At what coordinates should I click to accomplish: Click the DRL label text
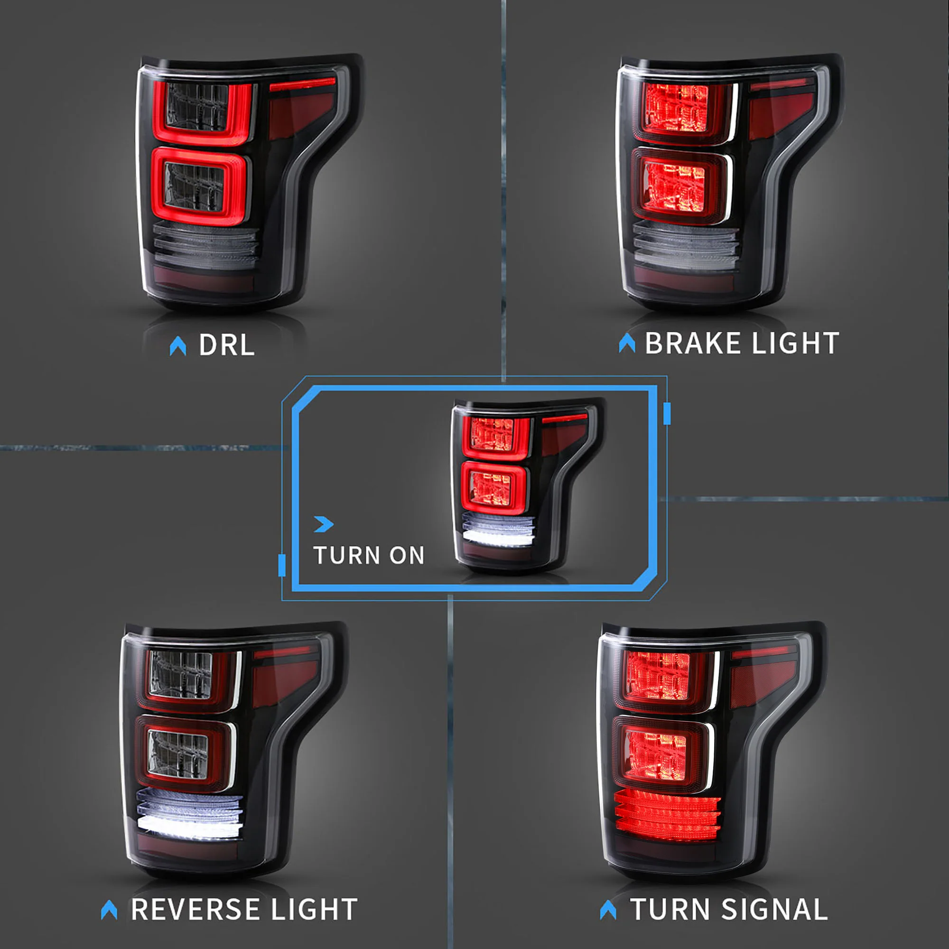pos(226,345)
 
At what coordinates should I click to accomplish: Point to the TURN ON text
pos(369,556)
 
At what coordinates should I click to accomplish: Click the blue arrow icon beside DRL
pos(178,346)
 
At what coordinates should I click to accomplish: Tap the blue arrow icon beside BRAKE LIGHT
pos(627,343)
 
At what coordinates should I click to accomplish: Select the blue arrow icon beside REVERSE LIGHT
pos(109,910)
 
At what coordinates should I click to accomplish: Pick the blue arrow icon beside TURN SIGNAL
pos(608,910)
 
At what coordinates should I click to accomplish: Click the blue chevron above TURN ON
pos(324,524)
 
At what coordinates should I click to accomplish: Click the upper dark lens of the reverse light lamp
pos(181,674)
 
